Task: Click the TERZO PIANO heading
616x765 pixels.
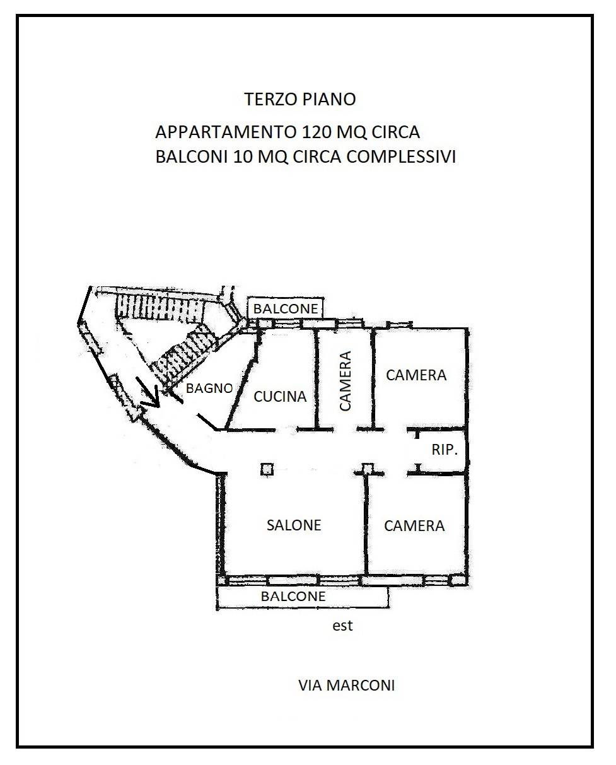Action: [300, 99]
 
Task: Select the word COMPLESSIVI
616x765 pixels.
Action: [401, 157]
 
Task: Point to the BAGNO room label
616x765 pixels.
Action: [209, 388]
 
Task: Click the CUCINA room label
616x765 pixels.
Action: [280, 397]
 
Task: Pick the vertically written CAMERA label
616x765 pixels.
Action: [345, 381]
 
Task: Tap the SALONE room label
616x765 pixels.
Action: [294, 525]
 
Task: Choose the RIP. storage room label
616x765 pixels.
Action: [445, 450]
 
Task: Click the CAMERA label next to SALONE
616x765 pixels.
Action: [414, 526]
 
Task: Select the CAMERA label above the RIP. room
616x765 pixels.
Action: [416, 375]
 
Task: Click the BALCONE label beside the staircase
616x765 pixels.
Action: [286, 308]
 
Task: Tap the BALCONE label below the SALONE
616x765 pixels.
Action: [293, 596]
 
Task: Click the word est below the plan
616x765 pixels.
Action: [342, 626]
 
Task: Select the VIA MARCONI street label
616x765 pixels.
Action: [347, 686]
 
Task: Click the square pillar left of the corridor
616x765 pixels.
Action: [267, 469]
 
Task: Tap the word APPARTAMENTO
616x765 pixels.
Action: [226, 132]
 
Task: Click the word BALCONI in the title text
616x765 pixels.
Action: [192, 157]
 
